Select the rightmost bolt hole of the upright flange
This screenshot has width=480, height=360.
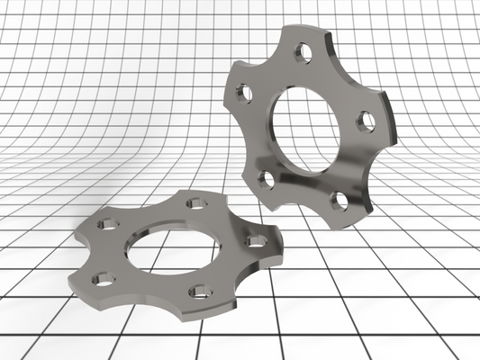[366, 121]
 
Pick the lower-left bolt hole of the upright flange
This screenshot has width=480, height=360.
[266, 179]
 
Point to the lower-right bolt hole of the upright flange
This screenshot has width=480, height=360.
[339, 200]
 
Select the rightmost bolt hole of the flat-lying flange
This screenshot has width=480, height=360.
[257, 240]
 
